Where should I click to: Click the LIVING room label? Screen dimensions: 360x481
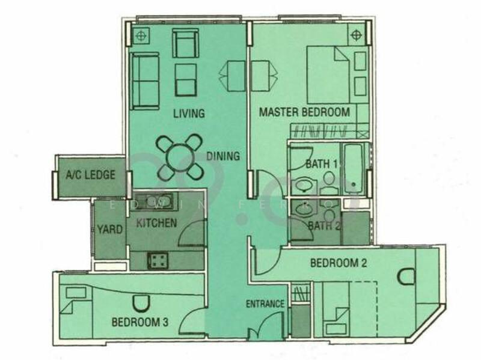tap(189, 114)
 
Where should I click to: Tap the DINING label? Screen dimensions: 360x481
tap(223, 156)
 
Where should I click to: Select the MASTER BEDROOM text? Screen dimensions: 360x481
tap(304, 112)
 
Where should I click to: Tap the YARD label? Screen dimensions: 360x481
tap(109, 230)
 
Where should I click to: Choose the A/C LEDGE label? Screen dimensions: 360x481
tap(90, 175)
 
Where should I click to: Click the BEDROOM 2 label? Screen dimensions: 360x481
tap(339, 263)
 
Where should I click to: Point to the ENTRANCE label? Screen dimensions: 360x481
tap(265, 304)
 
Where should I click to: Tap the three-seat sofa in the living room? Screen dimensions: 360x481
tap(144, 81)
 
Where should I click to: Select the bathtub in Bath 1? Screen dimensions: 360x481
tap(352, 168)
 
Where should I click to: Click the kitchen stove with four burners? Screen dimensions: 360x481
tap(159, 261)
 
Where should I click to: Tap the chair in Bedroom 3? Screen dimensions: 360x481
tap(139, 304)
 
